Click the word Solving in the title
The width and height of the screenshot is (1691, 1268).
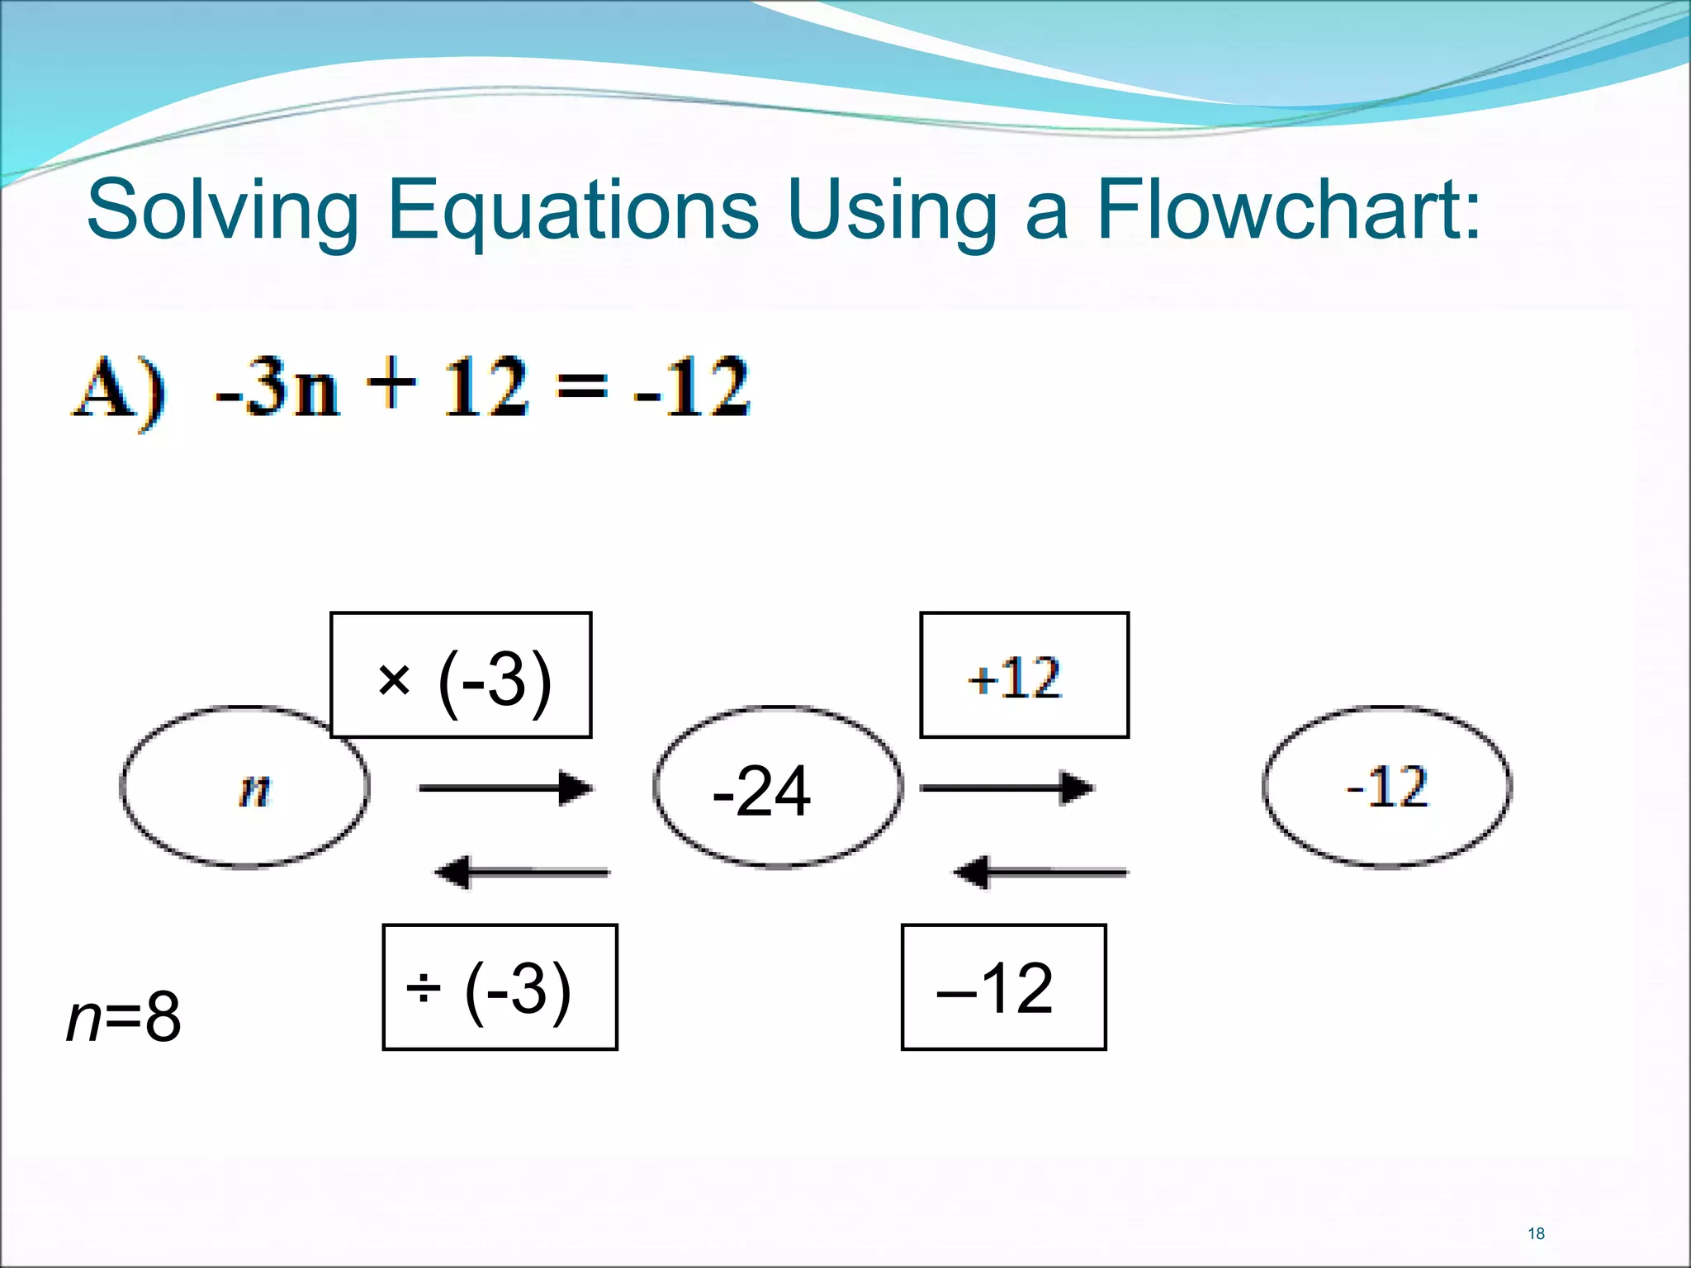[223, 211]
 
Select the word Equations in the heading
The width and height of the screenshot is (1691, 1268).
[572, 211]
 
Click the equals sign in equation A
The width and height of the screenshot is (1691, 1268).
[582, 385]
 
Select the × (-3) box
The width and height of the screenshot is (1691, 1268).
[461, 675]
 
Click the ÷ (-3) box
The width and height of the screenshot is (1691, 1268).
[500, 987]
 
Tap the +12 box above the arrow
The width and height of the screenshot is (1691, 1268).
[1024, 675]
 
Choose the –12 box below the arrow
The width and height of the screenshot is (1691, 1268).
[1003, 987]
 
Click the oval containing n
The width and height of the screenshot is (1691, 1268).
[245, 787]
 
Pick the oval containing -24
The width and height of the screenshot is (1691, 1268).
[777, 787]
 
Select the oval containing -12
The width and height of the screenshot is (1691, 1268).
[1387, 787]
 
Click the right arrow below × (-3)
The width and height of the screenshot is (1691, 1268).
[505, 788]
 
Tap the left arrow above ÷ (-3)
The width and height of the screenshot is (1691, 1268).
[522, 872]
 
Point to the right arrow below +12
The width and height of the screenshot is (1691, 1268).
[1007, 788]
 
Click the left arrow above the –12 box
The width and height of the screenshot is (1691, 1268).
[1040, 872]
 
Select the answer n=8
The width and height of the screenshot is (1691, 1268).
[124, 1017]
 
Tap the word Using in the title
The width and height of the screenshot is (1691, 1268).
[892, 211]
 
